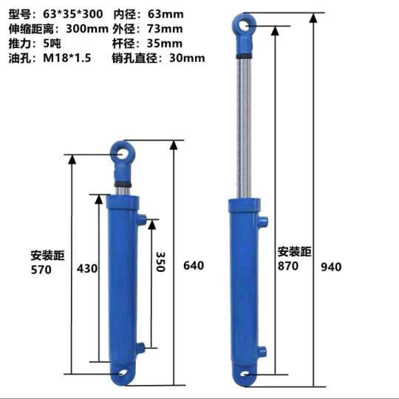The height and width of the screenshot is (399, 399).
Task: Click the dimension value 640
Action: (193, 265)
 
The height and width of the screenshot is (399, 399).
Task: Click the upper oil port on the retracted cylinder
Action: (140, 219)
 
